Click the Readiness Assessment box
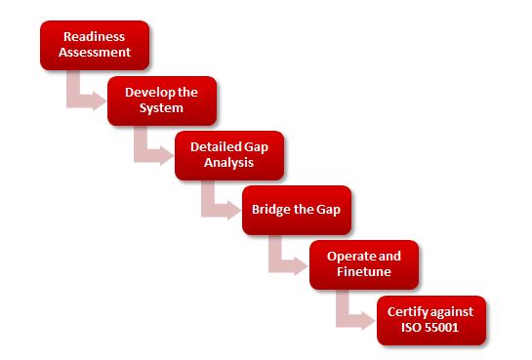coord(95,45)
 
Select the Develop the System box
coord(162,100)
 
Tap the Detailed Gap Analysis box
coord(228,154)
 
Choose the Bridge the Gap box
coord(296,210)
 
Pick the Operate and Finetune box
coord(363,263)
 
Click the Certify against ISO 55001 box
coord(431,319)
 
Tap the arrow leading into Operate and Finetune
coord(282,260)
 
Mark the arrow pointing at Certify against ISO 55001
coord(349,314)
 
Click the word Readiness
coord(96,37)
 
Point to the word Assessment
coord(96,53)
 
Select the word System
coord(162,107)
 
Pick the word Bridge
coord(272,210)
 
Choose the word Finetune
coord(363,271)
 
